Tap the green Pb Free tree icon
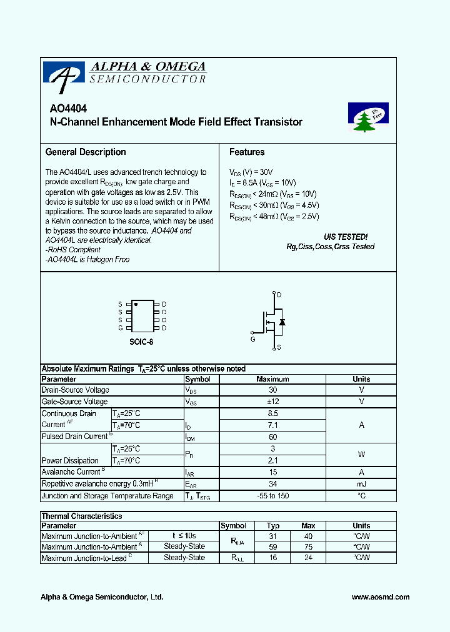[x=367, y=117]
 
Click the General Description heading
[x=86, y=152]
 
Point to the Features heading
[x=247, y=152]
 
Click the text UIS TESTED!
[x=346, y=237]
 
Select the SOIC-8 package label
[x=141, y=342]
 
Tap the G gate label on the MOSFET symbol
[x=253, y=339]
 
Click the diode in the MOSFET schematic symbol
[x=282, y=322]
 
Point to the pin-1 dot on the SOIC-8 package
[x=136, y=304]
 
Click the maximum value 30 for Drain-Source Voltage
[x=272, y=390]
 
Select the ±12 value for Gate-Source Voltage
[x=272, y=402]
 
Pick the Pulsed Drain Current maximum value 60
[x=272, y=437]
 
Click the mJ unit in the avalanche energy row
[x=361, y=484]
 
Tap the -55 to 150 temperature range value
[x=272, y=496]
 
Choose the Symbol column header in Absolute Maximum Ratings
[x=198, y=379]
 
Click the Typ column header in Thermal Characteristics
[x=273, y=526]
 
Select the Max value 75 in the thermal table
[x=308, y=546]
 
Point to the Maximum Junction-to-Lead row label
[x=84, y=558]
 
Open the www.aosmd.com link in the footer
[x=380, y=597]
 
